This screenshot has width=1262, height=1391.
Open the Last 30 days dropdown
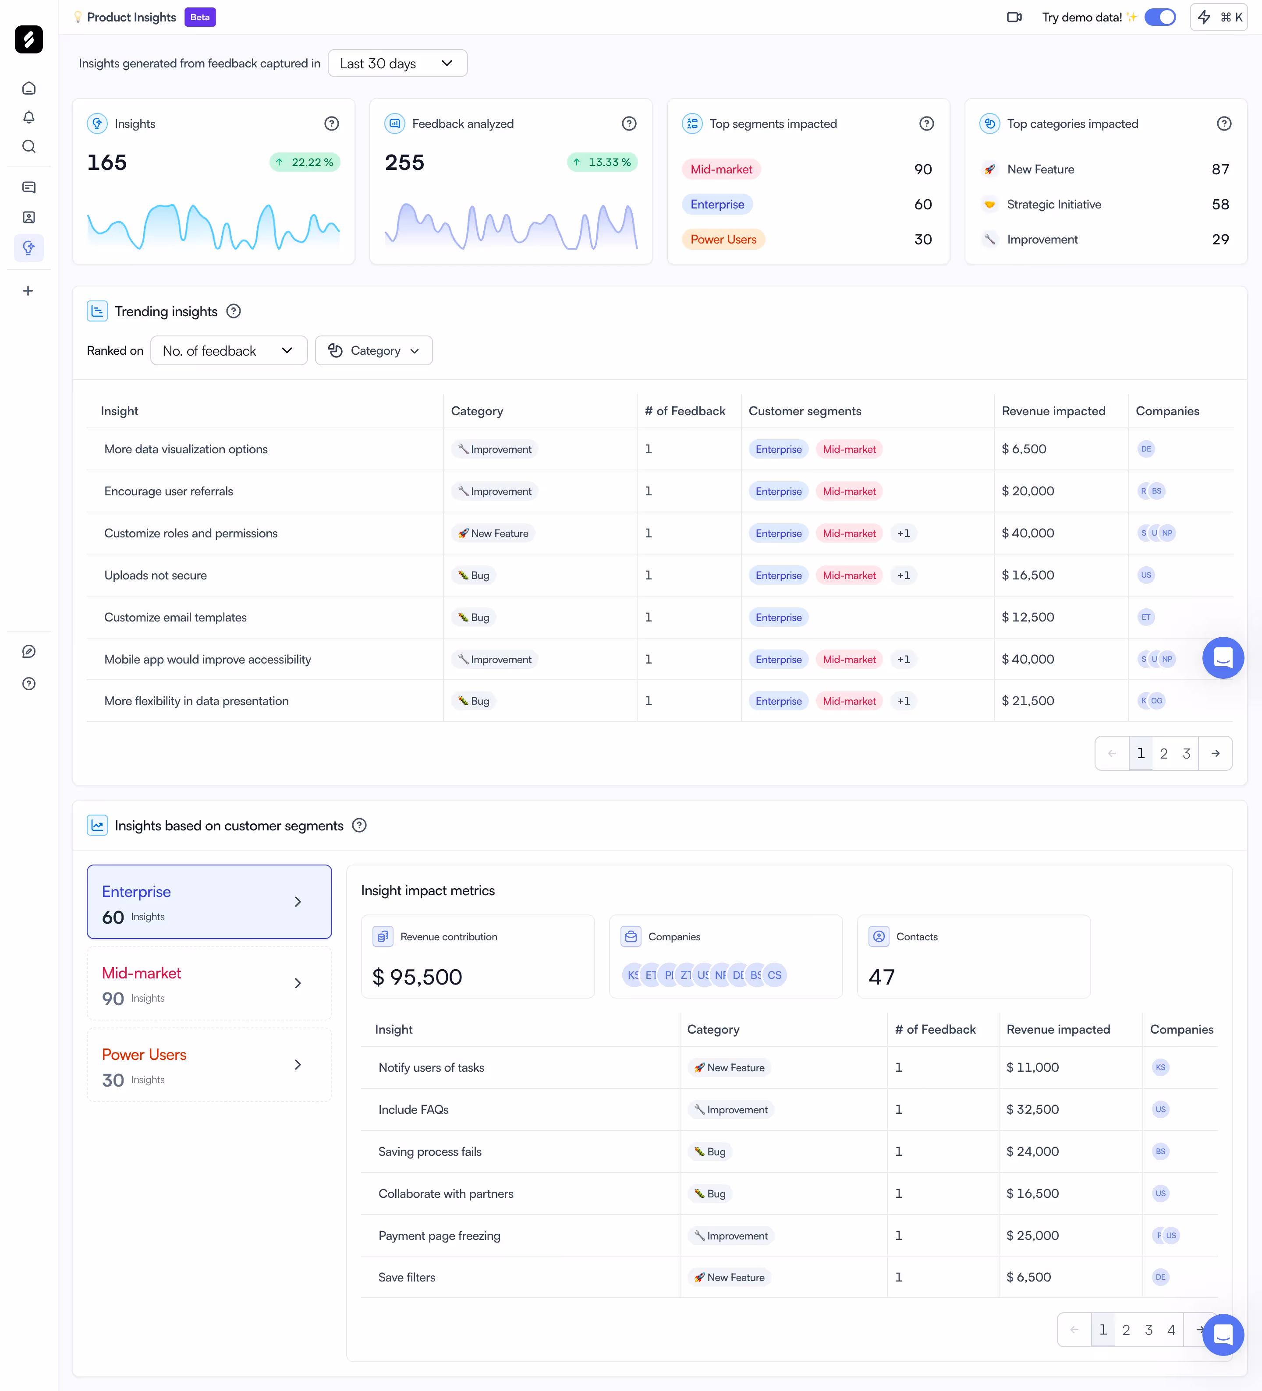(x=397, y=64)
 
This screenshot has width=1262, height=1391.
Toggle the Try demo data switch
(x=1160, y=17)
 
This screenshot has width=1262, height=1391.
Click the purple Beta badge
(x=199, y=17)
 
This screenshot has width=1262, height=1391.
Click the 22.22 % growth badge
(x=305, y=162)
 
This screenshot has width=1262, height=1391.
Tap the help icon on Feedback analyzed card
(x=628, y=124)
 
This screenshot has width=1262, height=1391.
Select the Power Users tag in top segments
(x=723, y=240)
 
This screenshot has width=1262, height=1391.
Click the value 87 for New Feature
(x=1220, y=169)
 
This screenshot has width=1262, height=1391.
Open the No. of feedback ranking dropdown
(x=228, y=350)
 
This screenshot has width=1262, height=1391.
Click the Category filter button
(x=373, y=350)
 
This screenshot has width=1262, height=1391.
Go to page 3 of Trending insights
(x=1186, y=753)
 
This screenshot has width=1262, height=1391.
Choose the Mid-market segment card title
(x=142, y=973)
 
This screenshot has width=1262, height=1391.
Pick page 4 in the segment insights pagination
(x=1171, y=1330)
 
